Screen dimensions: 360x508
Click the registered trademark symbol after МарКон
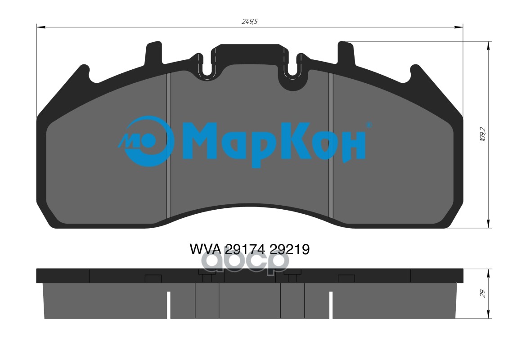[369, 125]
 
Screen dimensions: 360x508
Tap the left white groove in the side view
[169, 305]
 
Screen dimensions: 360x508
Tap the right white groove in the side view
[331, 305]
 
